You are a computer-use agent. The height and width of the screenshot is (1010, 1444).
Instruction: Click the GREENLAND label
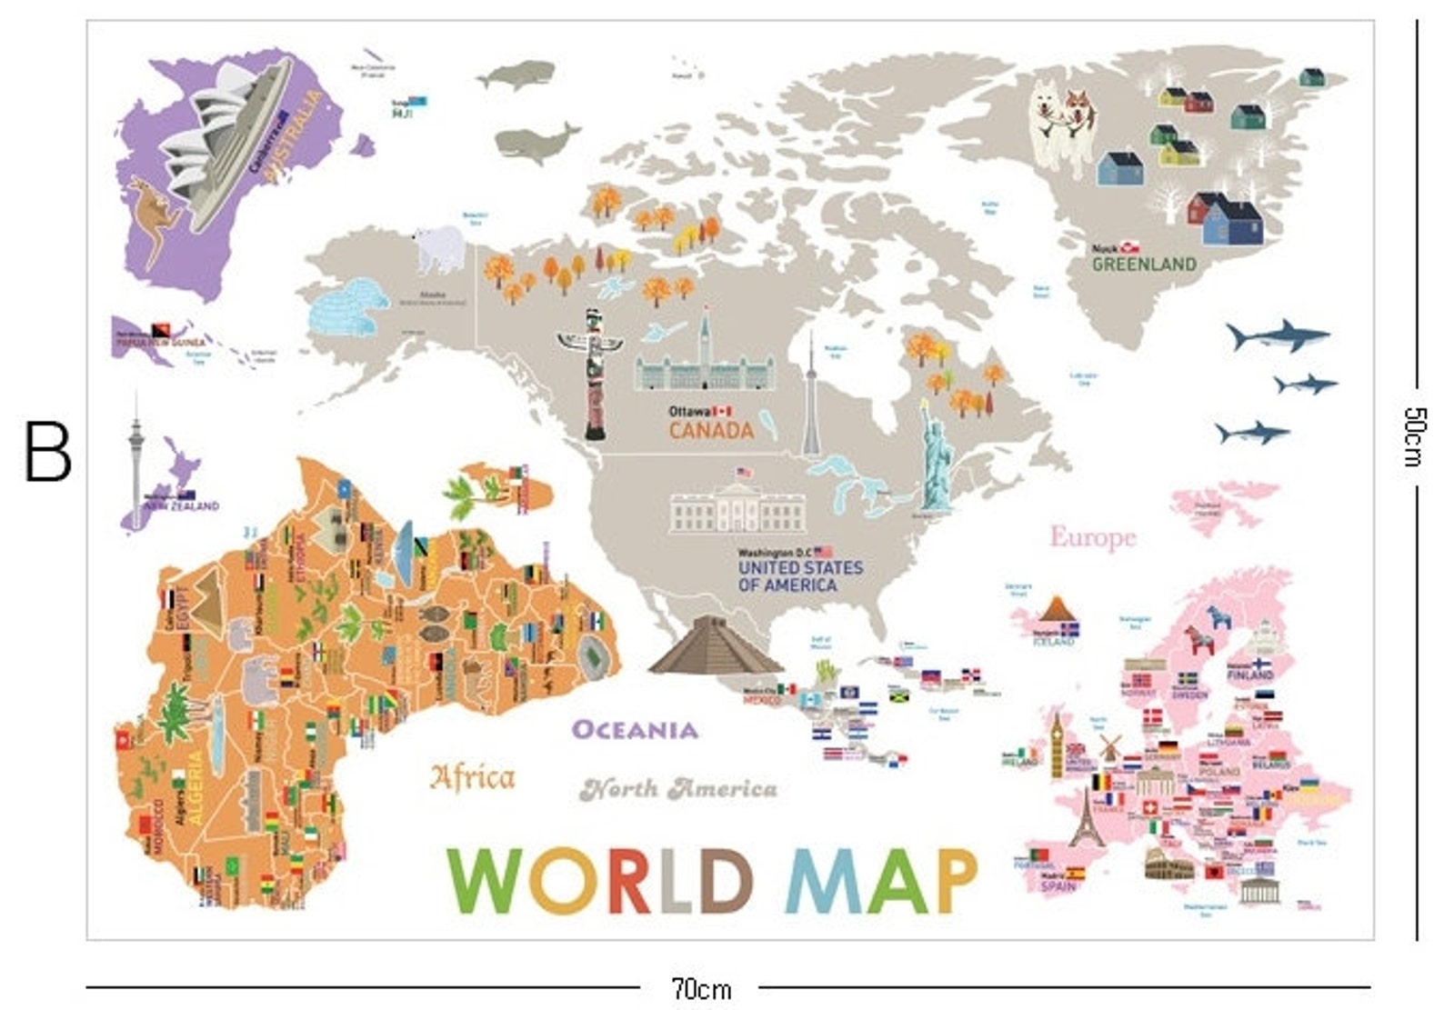tap(1144, 265)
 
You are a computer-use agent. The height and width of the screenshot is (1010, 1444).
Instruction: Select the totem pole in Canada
tap(593, 373)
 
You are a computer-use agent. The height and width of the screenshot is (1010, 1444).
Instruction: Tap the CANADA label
tap(711, 430)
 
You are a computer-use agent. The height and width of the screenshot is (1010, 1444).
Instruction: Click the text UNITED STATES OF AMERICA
tap(799, 576)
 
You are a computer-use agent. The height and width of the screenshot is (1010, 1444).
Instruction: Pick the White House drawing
tap(737, 509)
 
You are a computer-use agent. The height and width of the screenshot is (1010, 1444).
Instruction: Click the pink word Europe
tap(1093, 537)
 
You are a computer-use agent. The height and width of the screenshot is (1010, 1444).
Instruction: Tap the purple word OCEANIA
tap(635, 730)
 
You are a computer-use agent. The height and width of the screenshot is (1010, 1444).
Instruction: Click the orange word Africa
tap(472, 777)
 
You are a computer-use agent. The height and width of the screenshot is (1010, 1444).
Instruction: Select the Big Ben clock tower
tap(1057, 745)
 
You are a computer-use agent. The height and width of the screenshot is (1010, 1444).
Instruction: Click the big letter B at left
tap(47, 452)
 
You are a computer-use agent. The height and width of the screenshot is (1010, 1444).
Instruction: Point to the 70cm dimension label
tap(700, 988)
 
